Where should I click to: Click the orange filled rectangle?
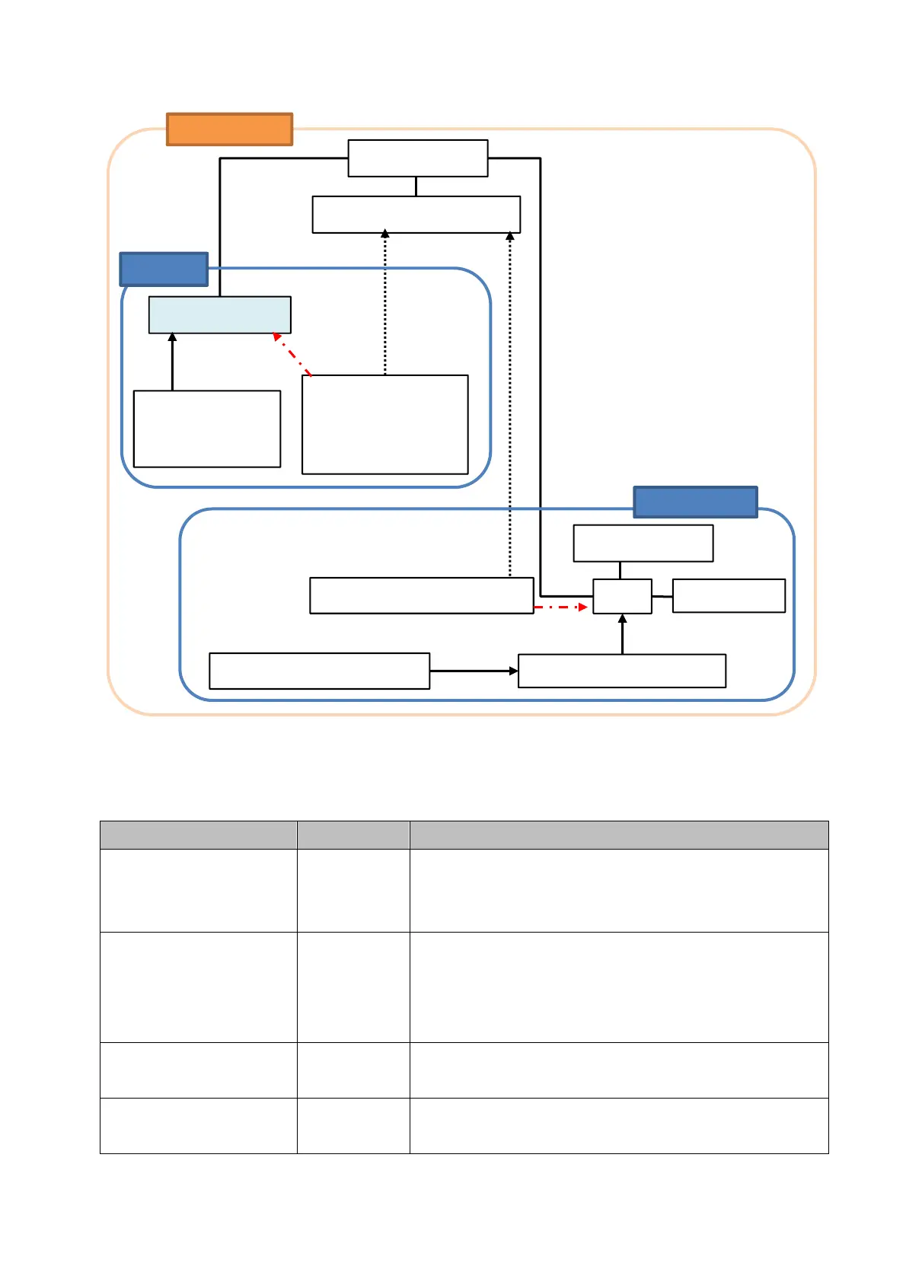click(x=229, y=129)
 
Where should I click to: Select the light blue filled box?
click(x=219, y=314)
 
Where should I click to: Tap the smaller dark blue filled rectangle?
click(x=164, y=269)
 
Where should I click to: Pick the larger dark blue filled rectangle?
click(x=695, y=502)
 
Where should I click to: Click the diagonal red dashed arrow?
click(x=292, y=355)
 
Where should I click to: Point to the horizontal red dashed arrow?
click(x=560, y=607)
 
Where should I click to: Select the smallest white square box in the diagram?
click(x=622, y=596)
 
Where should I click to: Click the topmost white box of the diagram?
click(x=417, y=158)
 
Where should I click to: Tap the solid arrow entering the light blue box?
click(x=172, y=362)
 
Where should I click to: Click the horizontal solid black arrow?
click(x=474, y=671)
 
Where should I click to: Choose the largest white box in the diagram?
click(x=384, y=424)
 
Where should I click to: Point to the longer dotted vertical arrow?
click(x=510, y=404)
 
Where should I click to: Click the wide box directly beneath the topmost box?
click(x=416, y=215)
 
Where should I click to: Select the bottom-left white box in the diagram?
click(x=319, y=671)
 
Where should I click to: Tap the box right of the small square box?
click(x=729, y=595)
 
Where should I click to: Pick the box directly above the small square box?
click(x=643, y=543)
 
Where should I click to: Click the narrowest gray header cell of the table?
click(x=353, y=835)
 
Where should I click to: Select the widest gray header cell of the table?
click(x=618, y=835)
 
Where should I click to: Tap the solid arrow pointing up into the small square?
click(x=622, y=634)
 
